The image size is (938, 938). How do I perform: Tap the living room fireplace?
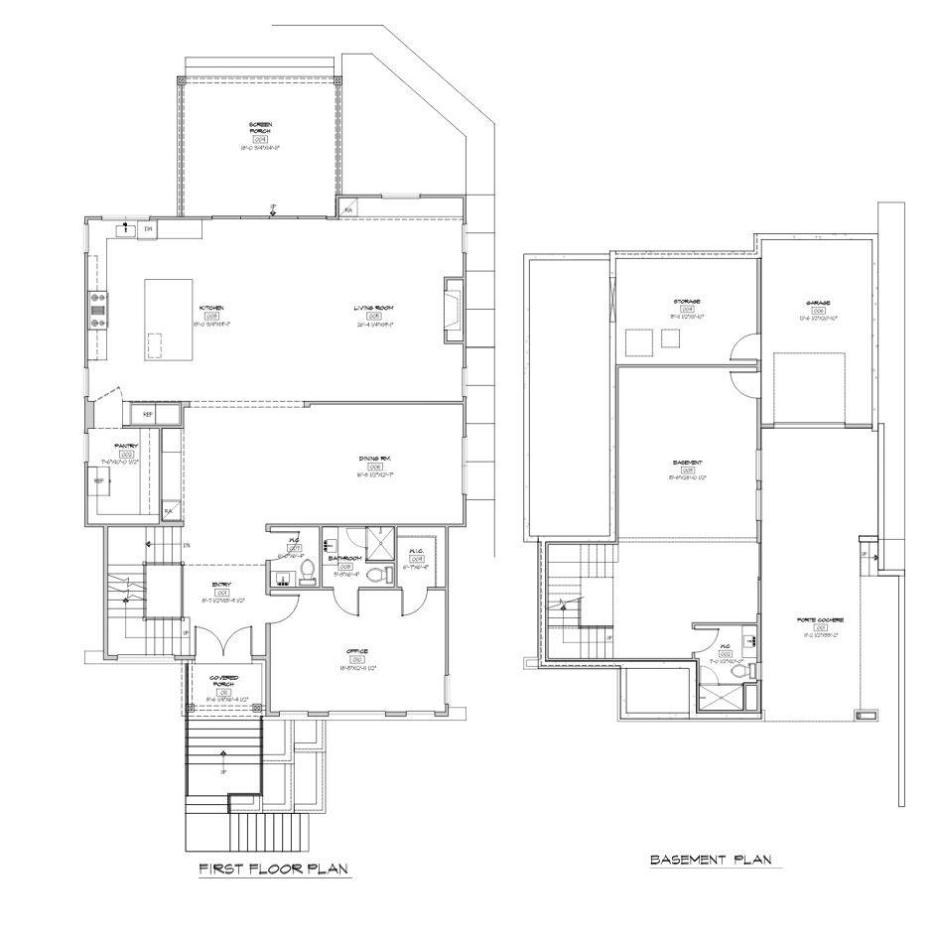453,311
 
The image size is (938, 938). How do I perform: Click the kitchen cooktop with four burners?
99,309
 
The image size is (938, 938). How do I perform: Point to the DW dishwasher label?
148,229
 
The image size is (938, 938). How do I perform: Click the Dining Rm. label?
374,458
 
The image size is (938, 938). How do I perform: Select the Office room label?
357,652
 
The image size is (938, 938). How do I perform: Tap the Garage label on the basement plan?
818,303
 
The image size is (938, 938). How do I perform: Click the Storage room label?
687,301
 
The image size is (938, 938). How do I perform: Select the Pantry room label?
126,447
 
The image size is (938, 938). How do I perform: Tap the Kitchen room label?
211,308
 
